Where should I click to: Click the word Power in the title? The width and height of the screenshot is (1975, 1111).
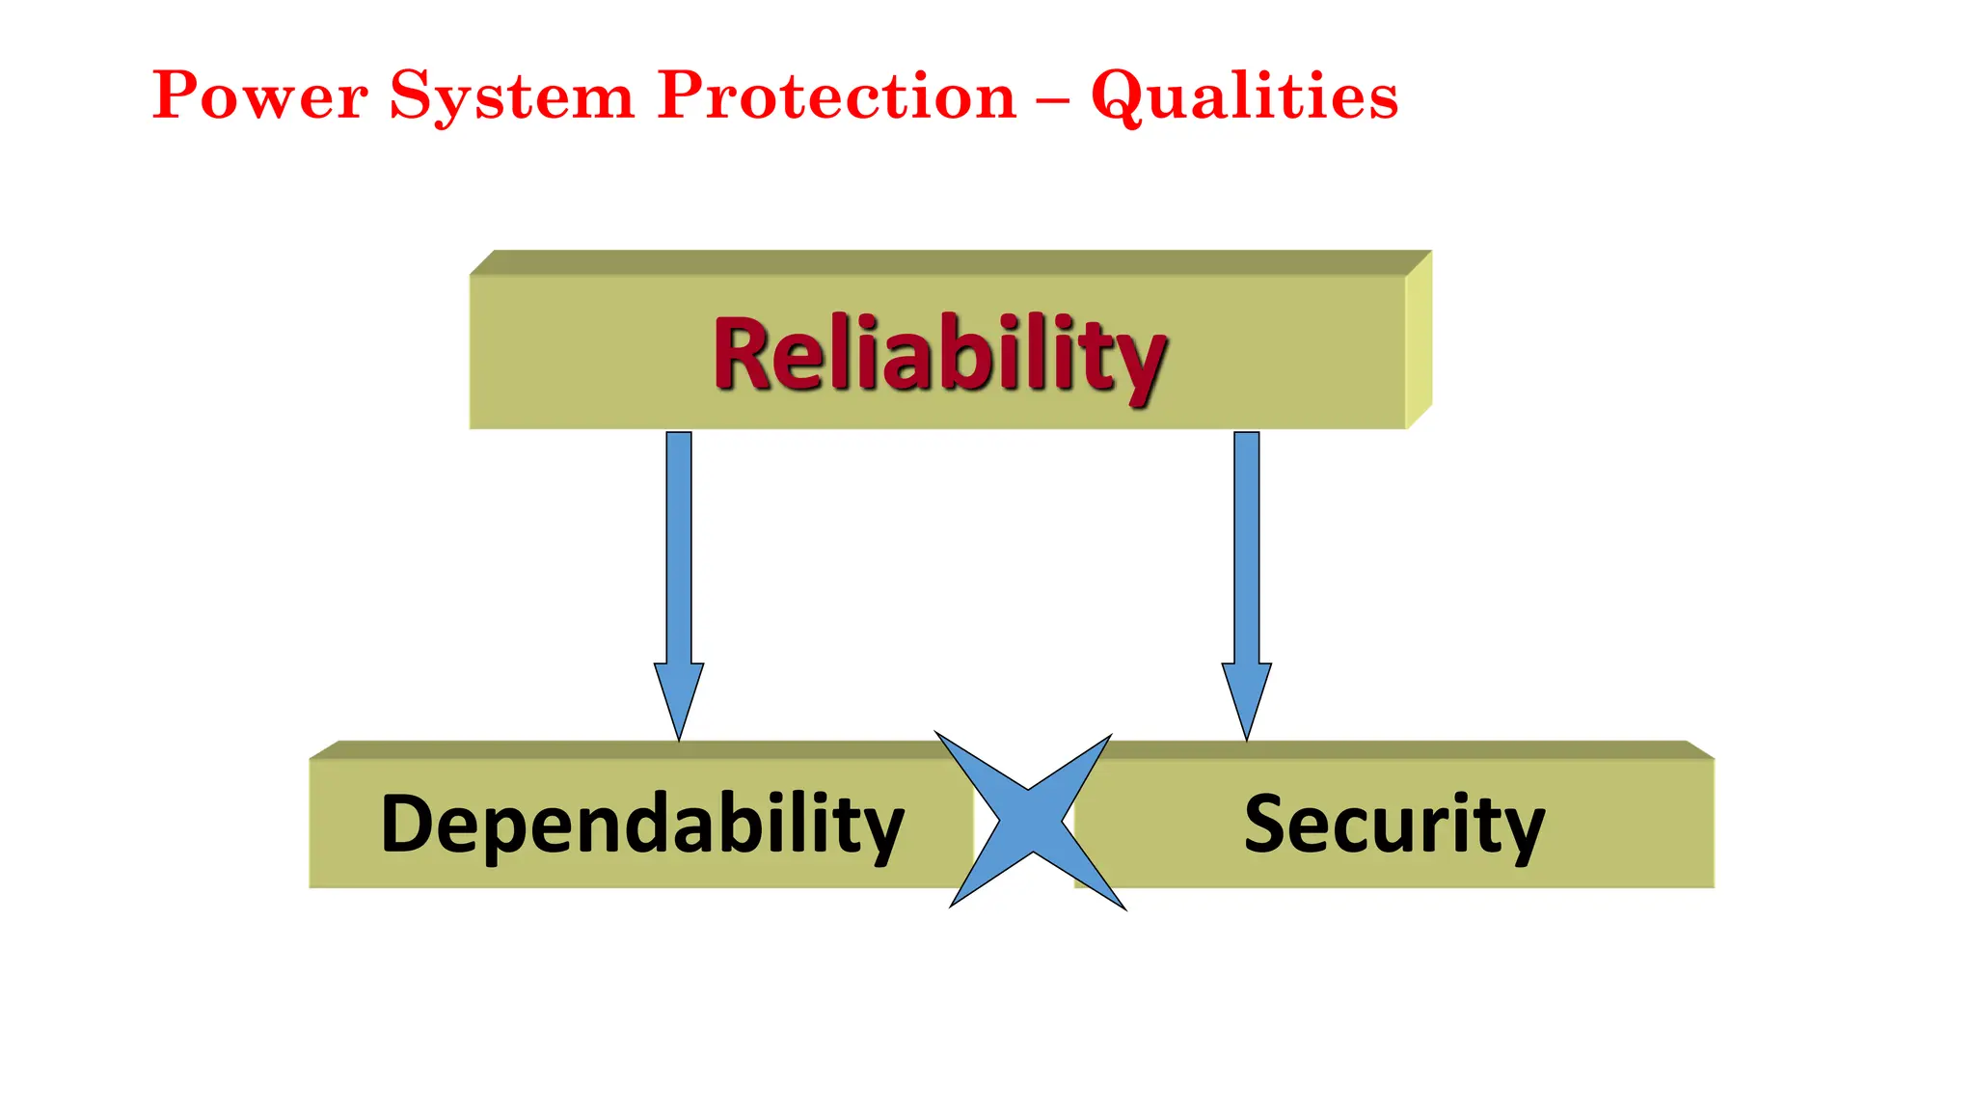point(259,95)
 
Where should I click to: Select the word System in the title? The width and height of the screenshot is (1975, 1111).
point(511,97)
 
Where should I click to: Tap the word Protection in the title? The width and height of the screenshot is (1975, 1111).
point(836,95)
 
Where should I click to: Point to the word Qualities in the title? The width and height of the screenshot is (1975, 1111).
point(1244,97)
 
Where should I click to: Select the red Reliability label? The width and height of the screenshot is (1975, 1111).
point(939,354)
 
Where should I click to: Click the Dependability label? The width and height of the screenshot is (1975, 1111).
point(642,826)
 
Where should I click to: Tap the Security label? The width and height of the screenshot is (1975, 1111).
point(1393,826)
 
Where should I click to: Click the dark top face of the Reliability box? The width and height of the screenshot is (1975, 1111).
point(950,262)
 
